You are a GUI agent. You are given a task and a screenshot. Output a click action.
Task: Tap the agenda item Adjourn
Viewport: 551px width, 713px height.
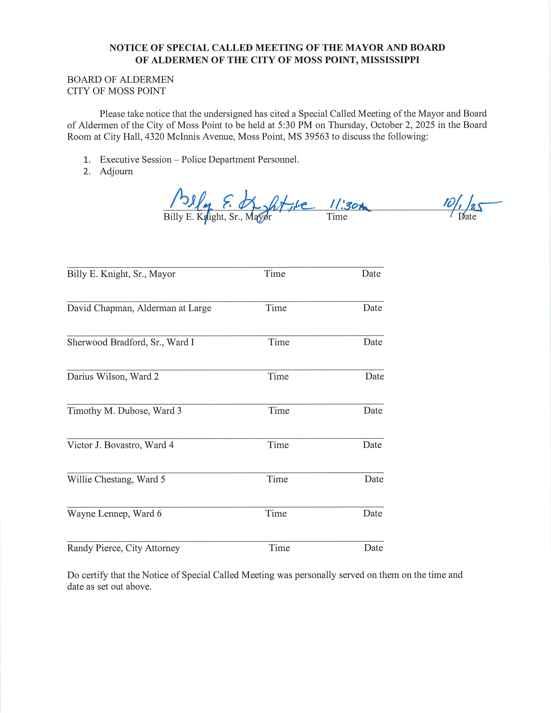point(116,171)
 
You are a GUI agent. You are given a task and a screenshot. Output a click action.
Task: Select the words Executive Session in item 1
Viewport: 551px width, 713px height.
point(136,160)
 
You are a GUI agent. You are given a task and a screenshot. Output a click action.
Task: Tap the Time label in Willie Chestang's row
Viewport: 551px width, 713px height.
point(277,479)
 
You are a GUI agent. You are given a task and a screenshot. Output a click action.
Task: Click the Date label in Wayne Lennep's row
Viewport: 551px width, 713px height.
point(373,514)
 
